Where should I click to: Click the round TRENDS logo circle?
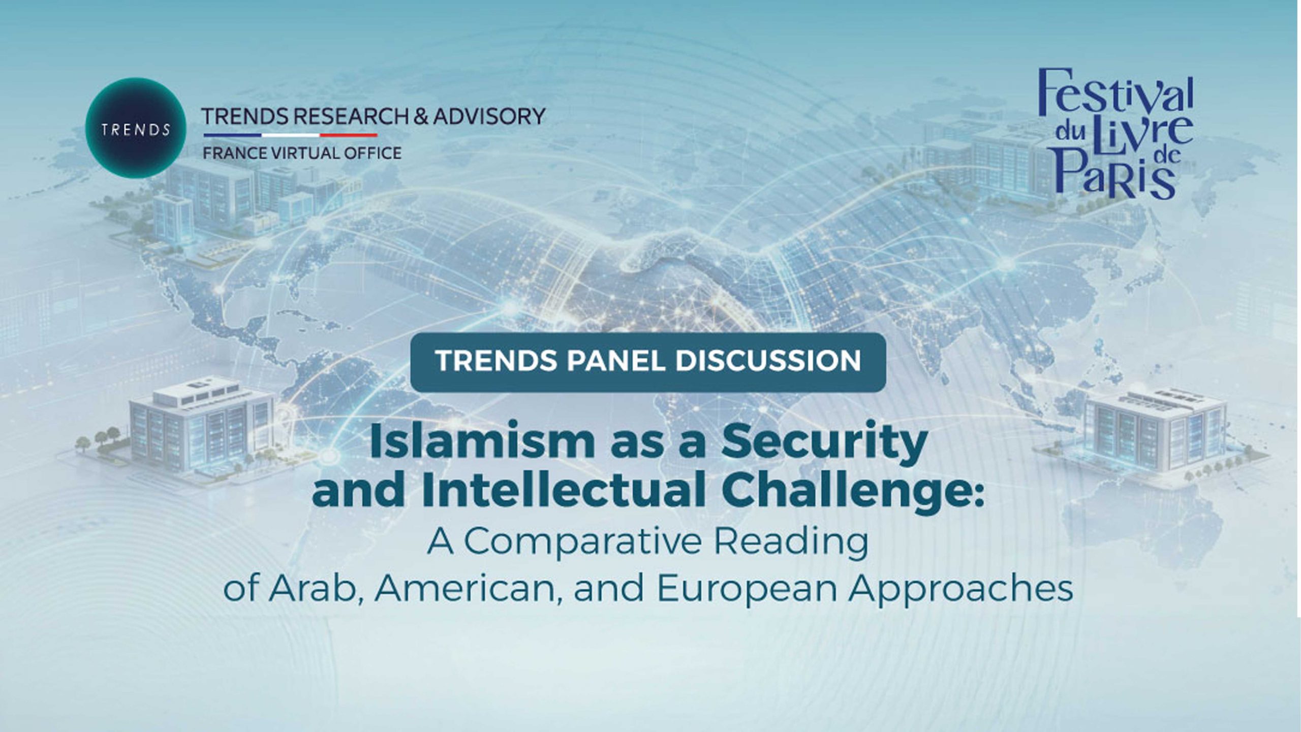click(x=136, y=128)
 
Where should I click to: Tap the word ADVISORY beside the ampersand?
click(x=489, y=116)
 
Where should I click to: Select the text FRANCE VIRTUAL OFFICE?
click(x=302, y=153)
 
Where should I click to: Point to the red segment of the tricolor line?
click(x=349, y=135)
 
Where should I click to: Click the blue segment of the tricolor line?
click(x=232, y=135)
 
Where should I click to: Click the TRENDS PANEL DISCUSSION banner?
click(x=648, y=362)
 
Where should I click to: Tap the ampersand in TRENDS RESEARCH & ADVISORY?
click(x=421, y=117)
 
